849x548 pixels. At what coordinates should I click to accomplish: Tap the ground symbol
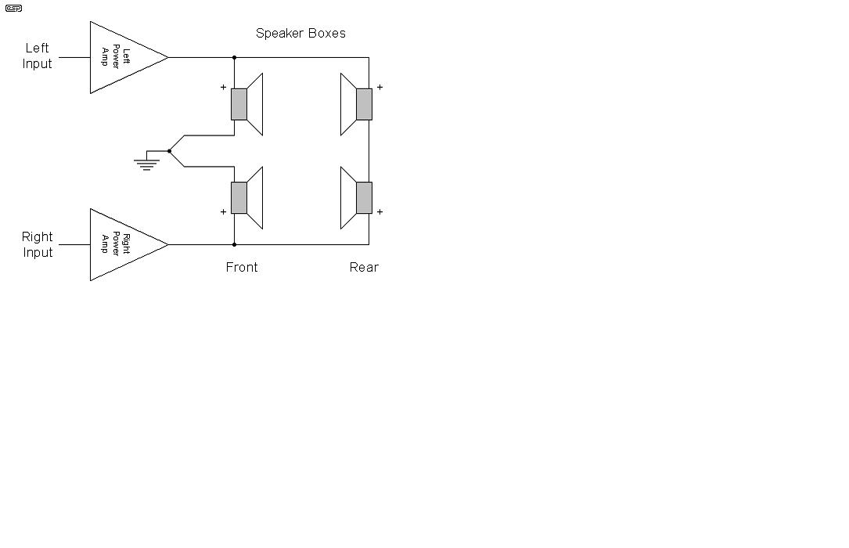(147, 164)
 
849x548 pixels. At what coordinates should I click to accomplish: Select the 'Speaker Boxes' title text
(300, 33)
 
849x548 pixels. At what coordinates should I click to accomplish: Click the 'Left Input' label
(37, 56)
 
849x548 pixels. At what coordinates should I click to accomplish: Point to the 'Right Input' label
(37, 244)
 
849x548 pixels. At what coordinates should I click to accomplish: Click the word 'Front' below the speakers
(242, 267)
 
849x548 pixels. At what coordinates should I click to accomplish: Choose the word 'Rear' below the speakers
(364, 267)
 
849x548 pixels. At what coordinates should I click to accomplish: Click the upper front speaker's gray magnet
(239, 104)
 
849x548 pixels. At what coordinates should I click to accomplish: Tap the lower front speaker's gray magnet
(239, 197)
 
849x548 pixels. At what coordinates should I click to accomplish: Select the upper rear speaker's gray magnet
(365, 104)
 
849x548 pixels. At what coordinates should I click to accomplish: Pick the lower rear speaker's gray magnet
(365, 197)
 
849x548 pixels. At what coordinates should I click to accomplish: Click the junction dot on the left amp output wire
(235, 57)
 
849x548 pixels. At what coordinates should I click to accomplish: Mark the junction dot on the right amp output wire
(235, 245)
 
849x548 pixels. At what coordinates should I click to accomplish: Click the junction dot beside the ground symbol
(170, 151)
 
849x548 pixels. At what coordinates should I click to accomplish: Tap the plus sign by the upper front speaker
(223, 87)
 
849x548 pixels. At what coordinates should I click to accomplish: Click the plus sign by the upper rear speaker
(380, 87)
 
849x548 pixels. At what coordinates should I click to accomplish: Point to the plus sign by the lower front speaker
(223, 211)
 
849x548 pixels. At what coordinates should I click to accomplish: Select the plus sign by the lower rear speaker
(380, 211)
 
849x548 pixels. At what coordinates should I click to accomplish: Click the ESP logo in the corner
(13, 8)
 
